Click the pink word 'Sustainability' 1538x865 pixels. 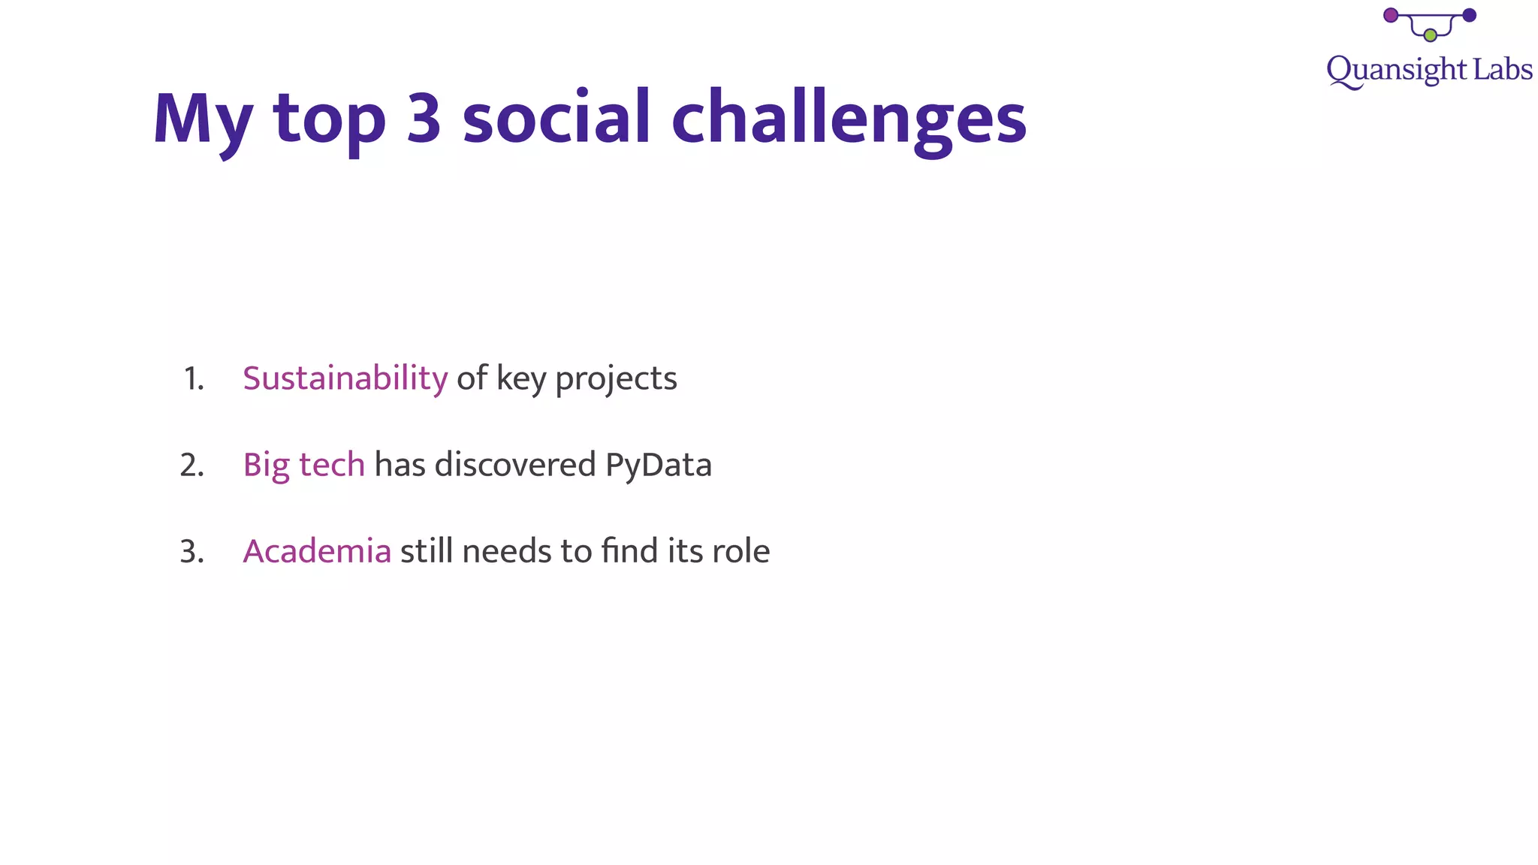click(345, 378)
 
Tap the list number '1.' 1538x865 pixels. click(194, 380)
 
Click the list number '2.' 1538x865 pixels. click(192, 466)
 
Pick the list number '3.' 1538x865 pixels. click(192, 553)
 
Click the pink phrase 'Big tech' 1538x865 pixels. click(303, 466)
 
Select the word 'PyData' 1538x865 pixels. click(658, 466)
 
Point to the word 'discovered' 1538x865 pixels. click(515, 465)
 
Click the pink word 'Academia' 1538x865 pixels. click(317, 552)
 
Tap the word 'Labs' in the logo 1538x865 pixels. click(1502, 70)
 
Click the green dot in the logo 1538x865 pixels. click(1431, 35)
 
